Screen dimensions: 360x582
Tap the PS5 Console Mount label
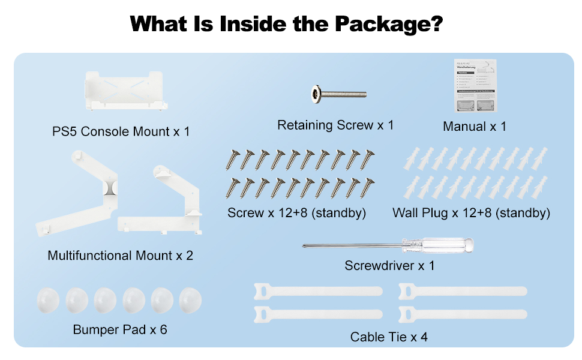pos(121,131)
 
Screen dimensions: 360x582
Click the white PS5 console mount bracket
pos(124,91)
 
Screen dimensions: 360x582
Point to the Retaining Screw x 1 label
pos(335,125)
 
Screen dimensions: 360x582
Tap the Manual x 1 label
pos(475,126)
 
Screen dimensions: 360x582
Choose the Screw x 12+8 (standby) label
pos(296,212)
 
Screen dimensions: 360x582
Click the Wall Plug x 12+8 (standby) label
pos(471,212)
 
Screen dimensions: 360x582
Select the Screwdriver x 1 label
pos(389,265)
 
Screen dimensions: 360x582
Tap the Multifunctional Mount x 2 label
pos(121,256)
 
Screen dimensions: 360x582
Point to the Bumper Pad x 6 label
pos(120,329)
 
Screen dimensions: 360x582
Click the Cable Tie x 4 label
pos(389,337)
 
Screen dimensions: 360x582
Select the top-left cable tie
pos(318,291)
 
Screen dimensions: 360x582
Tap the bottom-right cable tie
pos(463,314)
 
